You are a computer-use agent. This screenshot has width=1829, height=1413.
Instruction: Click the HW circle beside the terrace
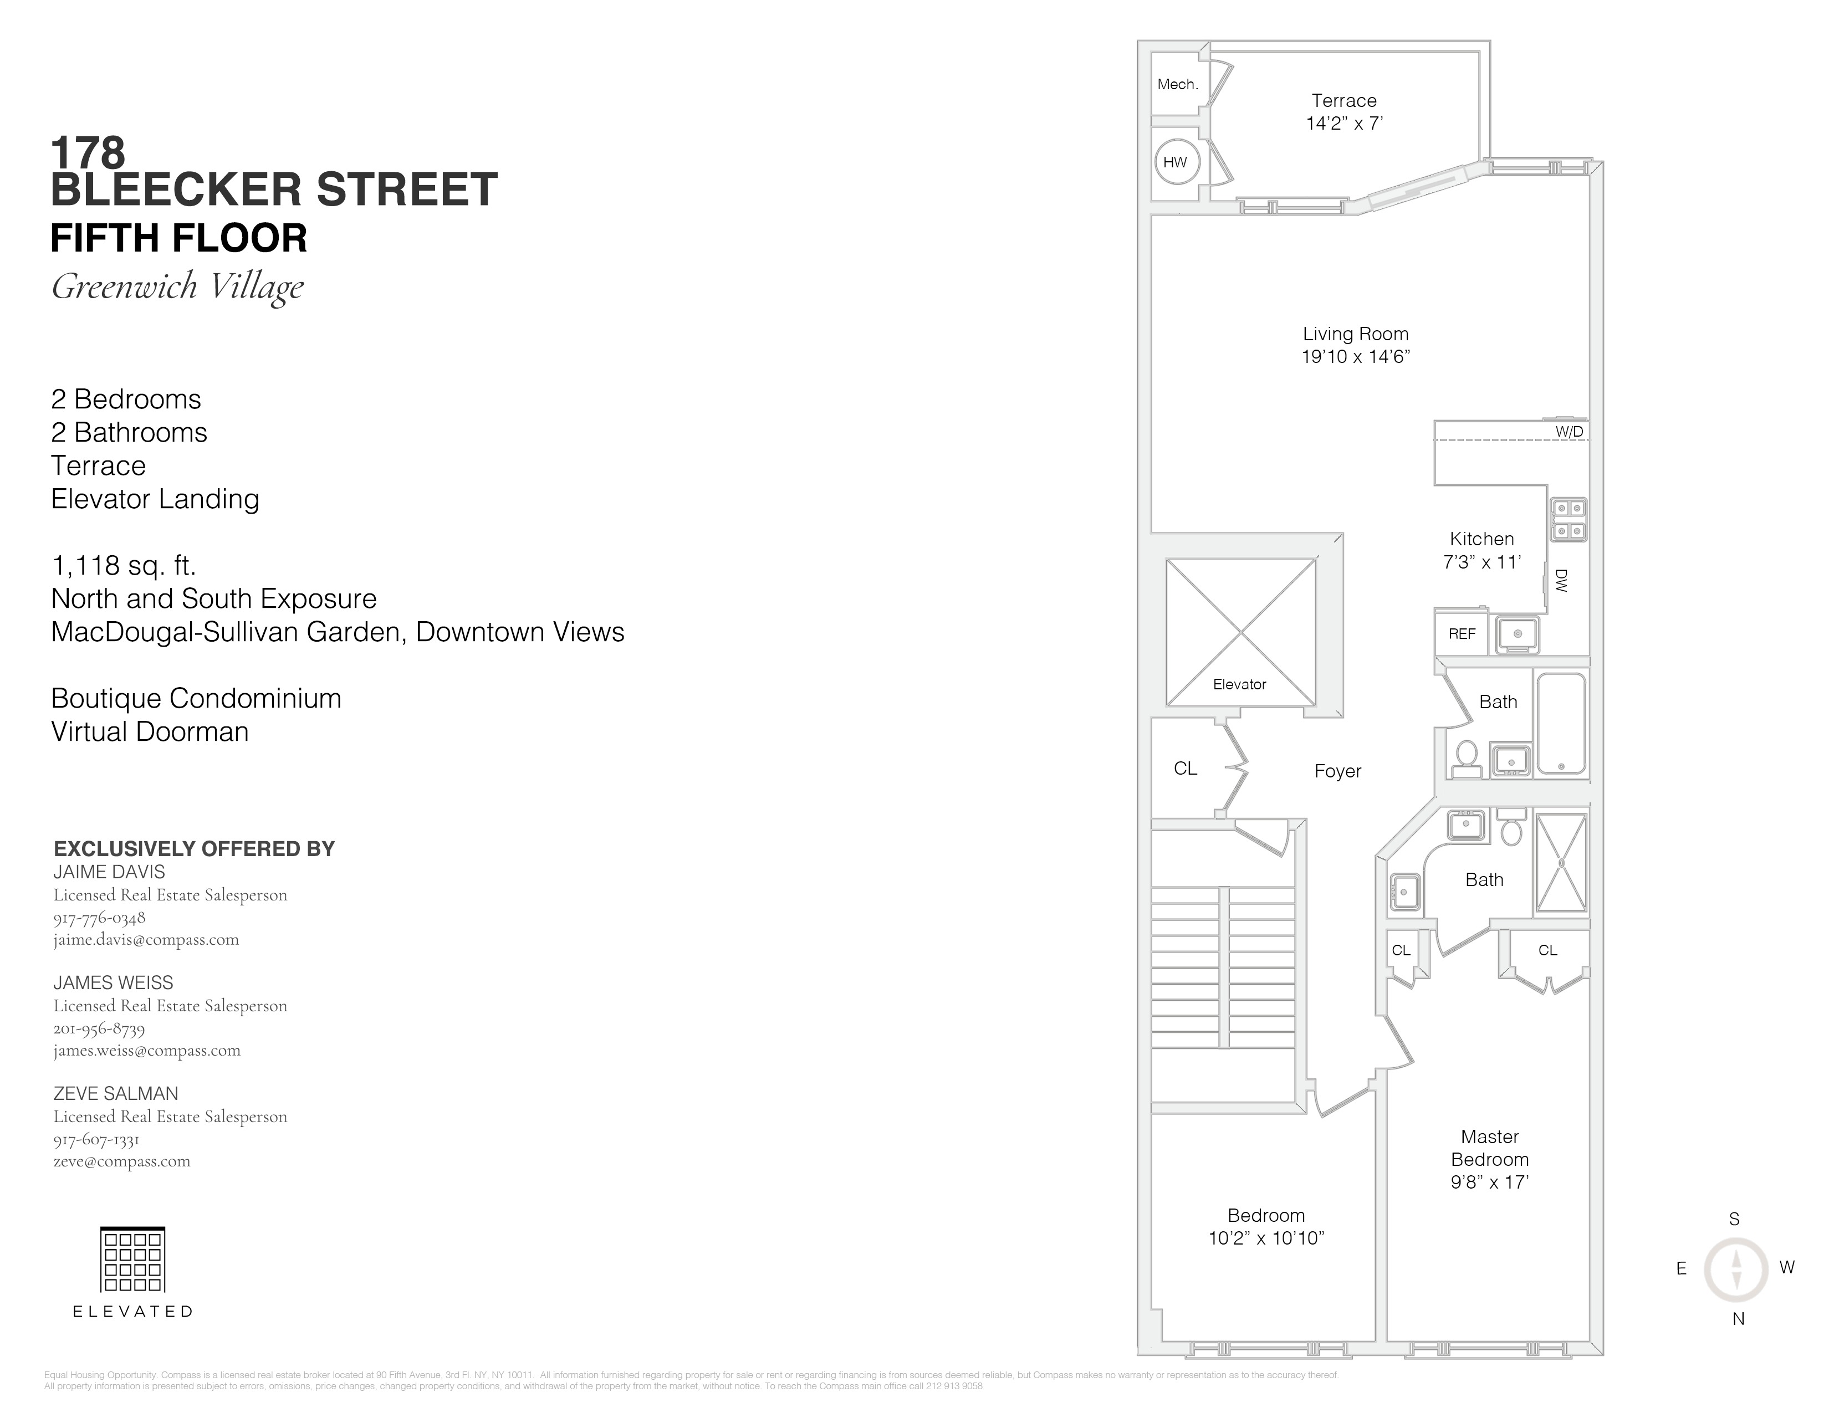pos(1175,162)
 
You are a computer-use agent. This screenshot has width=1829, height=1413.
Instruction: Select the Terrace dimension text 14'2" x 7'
pos(1344,123)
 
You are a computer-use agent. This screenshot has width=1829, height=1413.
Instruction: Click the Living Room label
pos(1355,334)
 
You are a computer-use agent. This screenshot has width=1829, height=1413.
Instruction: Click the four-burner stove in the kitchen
pos(1568,520)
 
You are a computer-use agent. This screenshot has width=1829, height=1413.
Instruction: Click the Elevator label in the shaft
pos(1239,684)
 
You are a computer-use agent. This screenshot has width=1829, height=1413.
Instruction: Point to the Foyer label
pos(1337,771)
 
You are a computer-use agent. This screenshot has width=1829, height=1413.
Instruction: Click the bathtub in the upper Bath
pos(1561,723)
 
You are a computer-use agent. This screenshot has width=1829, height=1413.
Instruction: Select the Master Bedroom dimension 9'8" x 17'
pos(1489,1182)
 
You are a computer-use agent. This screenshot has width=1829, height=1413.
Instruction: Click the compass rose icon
pos(1735,1269)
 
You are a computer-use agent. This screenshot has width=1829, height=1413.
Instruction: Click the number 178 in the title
pos(88,153)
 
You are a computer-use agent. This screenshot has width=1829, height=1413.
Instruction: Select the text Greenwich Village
pos(177,286)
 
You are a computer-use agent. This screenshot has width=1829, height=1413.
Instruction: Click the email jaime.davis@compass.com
pos(146,939)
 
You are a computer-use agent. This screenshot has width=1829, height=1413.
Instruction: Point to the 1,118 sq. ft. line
pos(123,566)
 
